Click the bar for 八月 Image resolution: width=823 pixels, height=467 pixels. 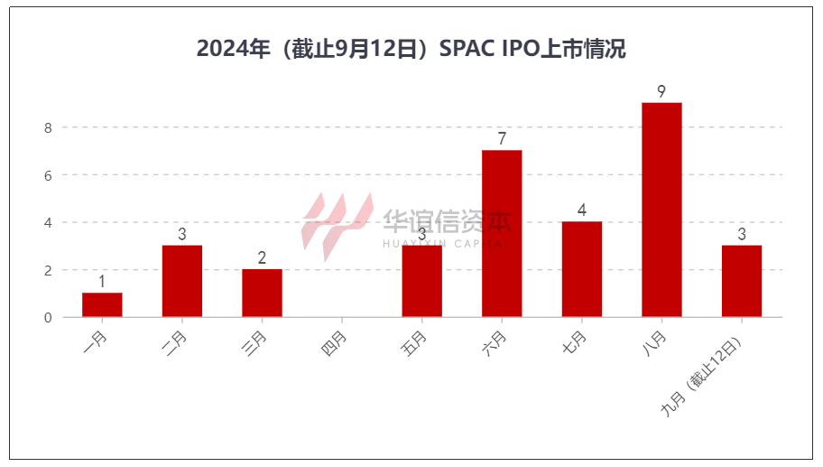click(661, 210)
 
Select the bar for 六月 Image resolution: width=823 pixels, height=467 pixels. click(502, 233)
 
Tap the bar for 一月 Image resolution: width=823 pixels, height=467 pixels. click(102, 304)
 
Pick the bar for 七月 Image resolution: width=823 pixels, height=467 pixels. click(582, 269)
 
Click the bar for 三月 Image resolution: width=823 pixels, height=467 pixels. click(262, 293)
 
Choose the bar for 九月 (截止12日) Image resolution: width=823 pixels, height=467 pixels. click(742, 281)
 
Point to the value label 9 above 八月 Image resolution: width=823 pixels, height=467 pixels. click(661, 91)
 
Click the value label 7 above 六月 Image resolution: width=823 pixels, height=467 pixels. click(502, 139)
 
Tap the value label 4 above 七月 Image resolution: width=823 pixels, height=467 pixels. click(582, 210)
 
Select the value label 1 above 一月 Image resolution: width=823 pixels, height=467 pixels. click(102, 282)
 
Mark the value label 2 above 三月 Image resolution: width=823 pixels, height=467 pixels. click(262, 258)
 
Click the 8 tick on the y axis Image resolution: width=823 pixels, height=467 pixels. click(48, 128)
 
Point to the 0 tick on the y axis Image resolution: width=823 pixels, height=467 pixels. click(48, 318)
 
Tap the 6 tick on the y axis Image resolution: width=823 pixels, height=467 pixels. click(48, 175)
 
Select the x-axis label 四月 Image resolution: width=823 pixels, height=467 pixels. click(333, 344)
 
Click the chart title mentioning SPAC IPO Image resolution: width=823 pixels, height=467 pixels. click(411, 50)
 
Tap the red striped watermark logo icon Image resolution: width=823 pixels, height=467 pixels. click(335, 222)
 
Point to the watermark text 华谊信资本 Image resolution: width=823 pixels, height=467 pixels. click(446, 219)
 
